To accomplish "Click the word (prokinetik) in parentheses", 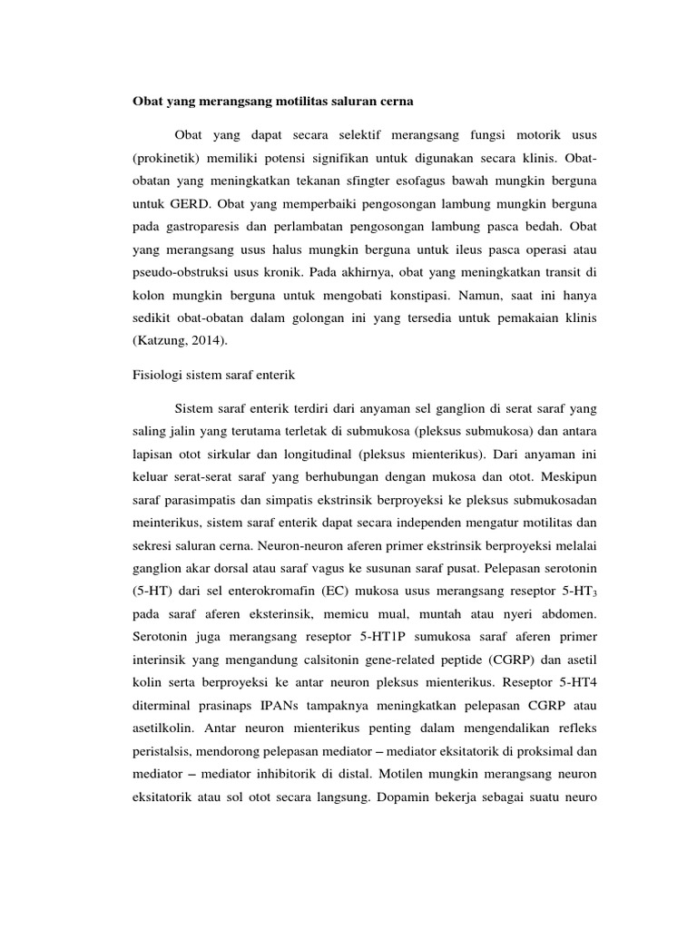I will [159, 157].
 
